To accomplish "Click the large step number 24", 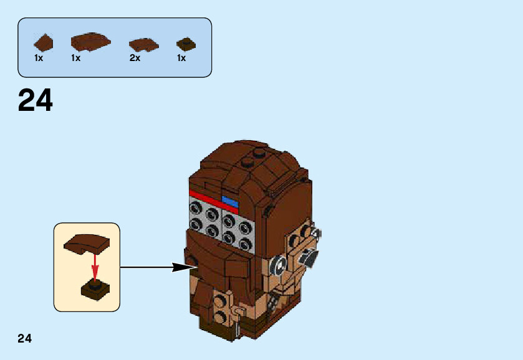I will (x=36, y=100).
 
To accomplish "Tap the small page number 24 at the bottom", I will (x=24, y=339).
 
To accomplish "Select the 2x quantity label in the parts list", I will (x=135, y=58).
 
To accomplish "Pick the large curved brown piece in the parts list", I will (x=90, y=42).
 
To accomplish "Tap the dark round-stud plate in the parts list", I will (x=185, y=44).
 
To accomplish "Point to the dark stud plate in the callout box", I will (x=95, y=290).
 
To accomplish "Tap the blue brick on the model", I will (x=230, y=201).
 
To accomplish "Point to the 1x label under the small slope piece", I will (x=39, y=58).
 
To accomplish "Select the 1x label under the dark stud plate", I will (x=181, y=58).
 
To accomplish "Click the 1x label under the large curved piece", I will (x=76, y=58).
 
